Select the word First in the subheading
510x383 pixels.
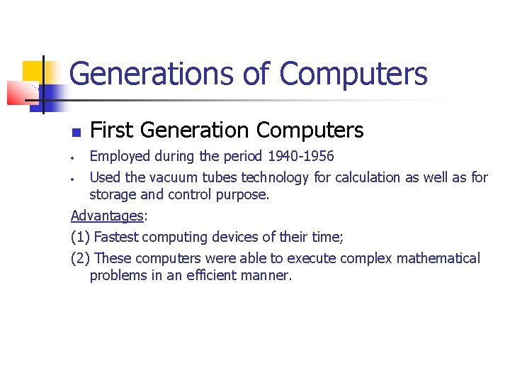pos(112,131)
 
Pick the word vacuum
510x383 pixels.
pos(174,177)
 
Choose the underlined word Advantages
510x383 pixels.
pos(107,215)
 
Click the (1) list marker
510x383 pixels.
pos(81,237)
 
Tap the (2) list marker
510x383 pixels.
pos(81,258)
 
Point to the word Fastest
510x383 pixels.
pos(118,237)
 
